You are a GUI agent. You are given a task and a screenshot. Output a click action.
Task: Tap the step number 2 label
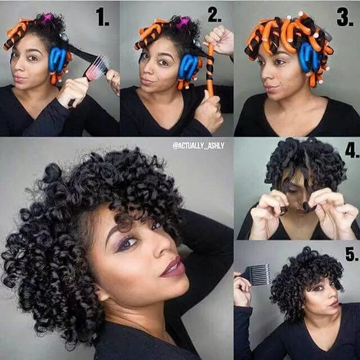click(x=214, y=15)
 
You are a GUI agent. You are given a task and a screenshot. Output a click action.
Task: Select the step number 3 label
click(x=344, y=19)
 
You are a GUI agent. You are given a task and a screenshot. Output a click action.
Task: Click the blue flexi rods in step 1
click(x=57, y=59)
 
